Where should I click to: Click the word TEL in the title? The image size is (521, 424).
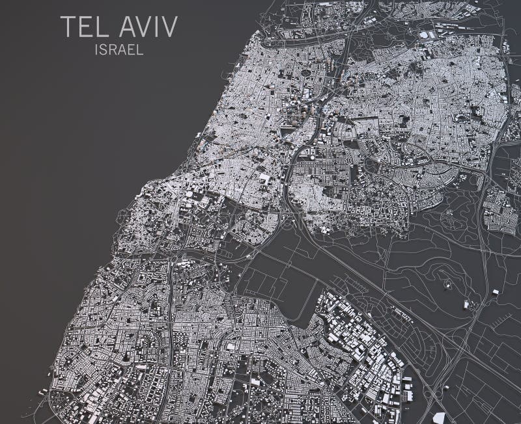tap(79, 27)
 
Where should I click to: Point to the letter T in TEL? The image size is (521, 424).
tap(66, 27)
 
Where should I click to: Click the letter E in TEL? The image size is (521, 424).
tap(80, 27)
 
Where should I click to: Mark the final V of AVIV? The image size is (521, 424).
tap(169, 27)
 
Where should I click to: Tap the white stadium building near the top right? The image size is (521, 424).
tap(425, 34)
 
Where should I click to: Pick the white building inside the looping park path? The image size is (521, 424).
tap(467, 304)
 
